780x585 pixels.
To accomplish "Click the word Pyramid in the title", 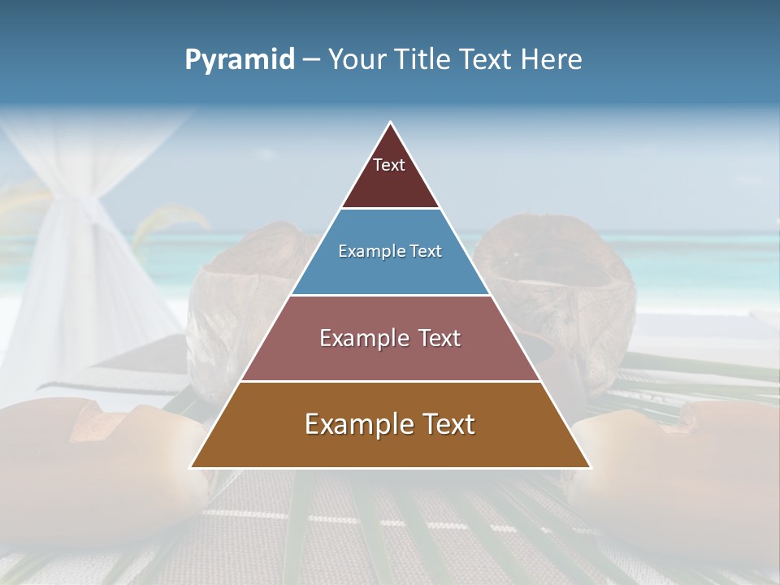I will coord(239,60).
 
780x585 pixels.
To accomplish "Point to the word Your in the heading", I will coord(356,59).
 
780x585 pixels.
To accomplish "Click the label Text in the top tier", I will coord(389,165).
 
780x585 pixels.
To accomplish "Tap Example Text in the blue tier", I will coord(390,251).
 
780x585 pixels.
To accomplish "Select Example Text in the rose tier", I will coord(390,338).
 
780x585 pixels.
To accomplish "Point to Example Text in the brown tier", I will coord(390,424).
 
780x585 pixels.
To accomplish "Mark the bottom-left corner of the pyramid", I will coord(192,466).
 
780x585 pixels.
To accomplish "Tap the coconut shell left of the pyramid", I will coord(244,301).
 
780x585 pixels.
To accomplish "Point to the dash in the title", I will coord(311,60).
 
